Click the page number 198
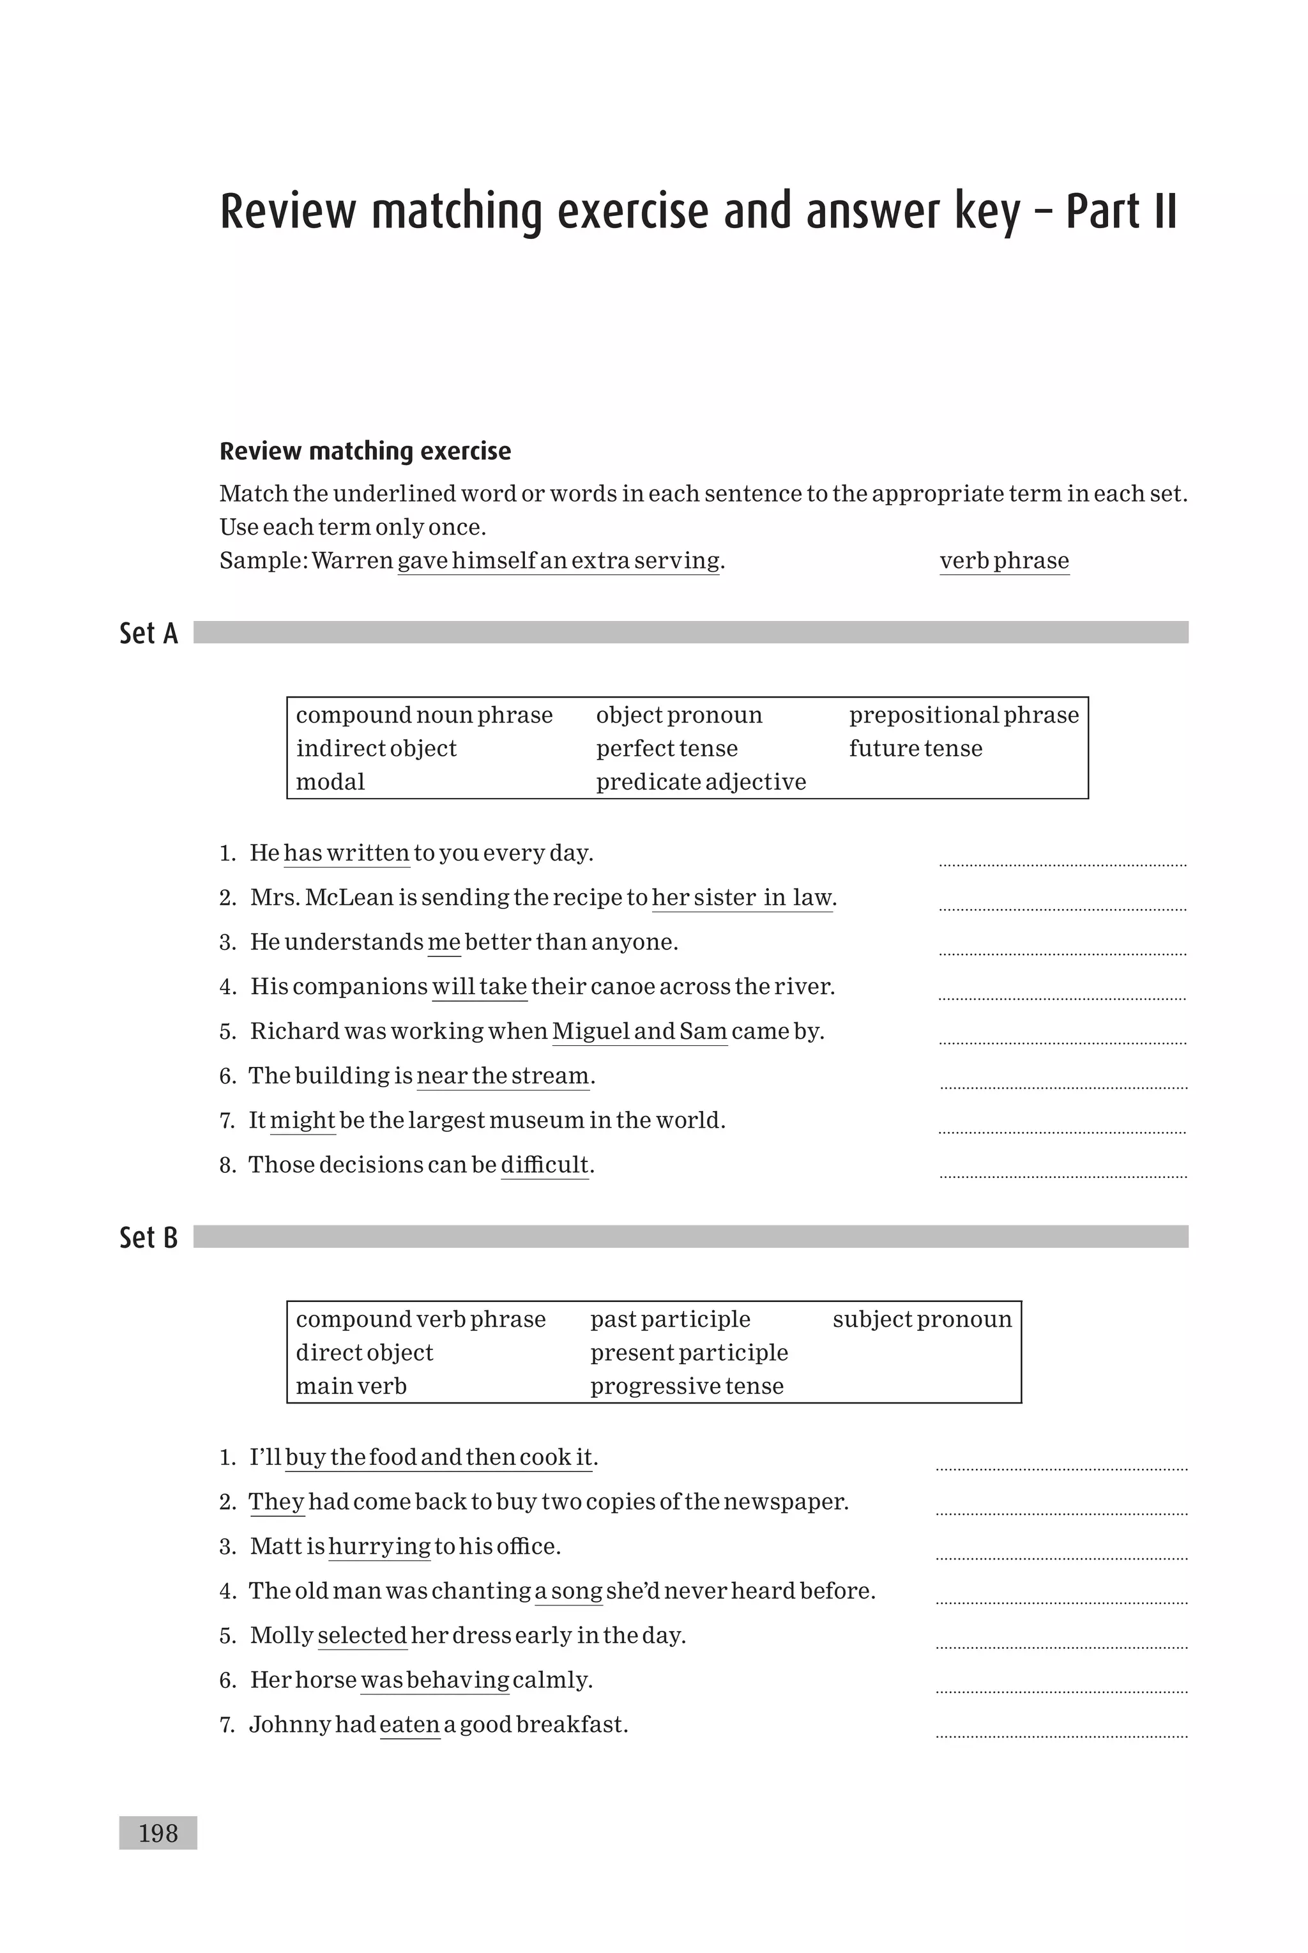[158, 1833]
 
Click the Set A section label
[148, 633]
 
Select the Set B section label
[148, 1237]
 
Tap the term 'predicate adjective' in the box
[701, 782]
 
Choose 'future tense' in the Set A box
[915, 748]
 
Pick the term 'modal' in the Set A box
[330, 782]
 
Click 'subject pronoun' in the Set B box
[922, 1319]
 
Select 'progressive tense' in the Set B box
[687, 1386]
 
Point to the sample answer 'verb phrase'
[1003, 561]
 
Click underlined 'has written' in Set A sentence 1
[346, 854]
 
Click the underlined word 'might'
[302, 1121]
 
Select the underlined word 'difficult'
[545, 1165]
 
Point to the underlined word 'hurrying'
[379, 1547]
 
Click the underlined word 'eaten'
[409, 1724]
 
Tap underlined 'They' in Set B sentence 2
[276, 1502]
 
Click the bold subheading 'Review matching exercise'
[365, 451]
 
